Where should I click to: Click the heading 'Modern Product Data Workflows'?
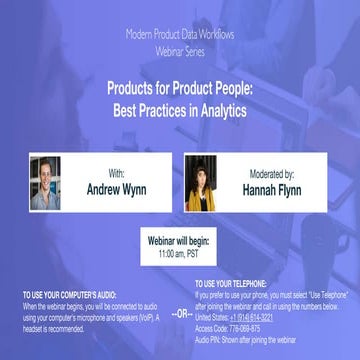(x=180, y=33)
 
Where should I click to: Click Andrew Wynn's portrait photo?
(x=46, y=182)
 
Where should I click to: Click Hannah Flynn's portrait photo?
(x=205, y=181)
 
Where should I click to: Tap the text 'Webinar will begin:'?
(x=180, y=240)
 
